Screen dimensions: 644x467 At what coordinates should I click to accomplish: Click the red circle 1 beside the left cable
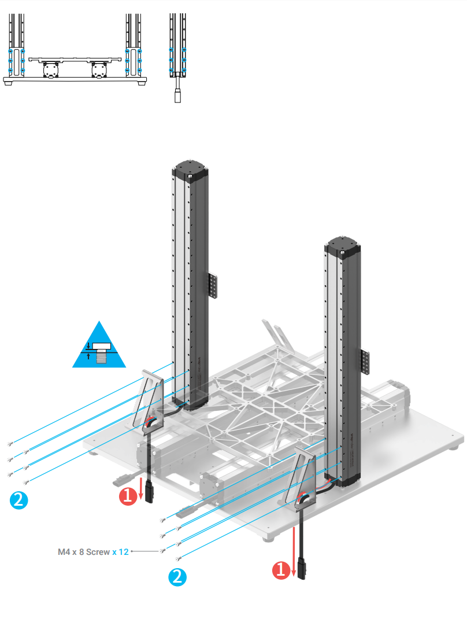[127, 495]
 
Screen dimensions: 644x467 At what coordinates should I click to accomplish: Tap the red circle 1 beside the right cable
[280, 570]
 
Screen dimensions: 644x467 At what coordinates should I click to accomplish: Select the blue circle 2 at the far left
[18, 500]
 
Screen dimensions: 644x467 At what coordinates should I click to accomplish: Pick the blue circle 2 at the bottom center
[177, 576]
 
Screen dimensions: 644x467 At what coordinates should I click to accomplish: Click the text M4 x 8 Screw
[83, 552]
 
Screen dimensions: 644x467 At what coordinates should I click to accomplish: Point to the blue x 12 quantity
[120, 552]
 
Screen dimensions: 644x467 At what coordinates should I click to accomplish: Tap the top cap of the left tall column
[190, 169]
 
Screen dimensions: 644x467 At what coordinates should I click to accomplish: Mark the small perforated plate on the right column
[365, 362]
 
